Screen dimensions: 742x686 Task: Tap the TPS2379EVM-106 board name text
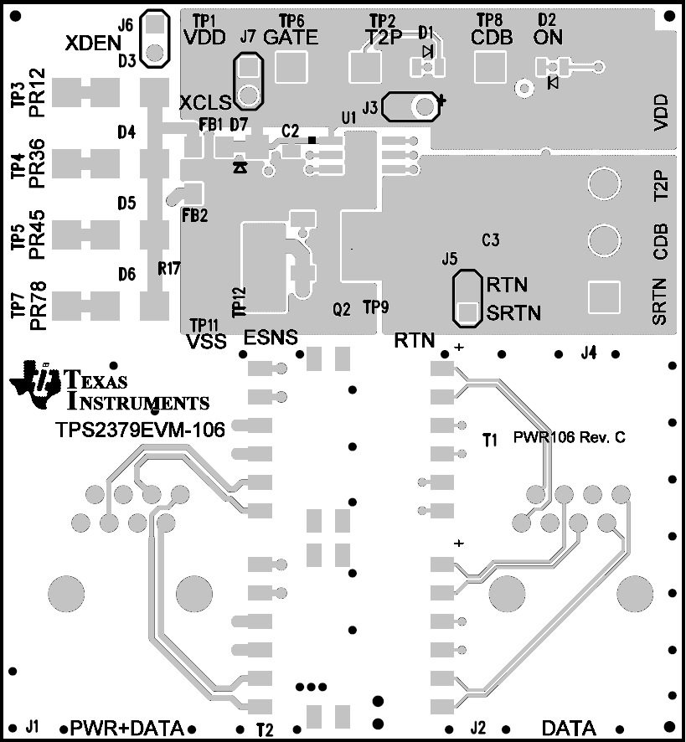[140, 430]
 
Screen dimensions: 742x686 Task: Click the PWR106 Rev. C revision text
[570, 437]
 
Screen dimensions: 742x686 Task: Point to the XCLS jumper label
[205, 103]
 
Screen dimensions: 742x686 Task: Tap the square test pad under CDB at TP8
[487, 66]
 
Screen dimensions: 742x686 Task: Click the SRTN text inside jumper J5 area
[513, 313]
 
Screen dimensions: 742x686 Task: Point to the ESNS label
[270, 338]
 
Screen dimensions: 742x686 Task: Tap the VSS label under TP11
[204, 341]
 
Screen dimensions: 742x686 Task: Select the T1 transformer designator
[490, 438]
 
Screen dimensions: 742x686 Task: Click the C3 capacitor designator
[491, 241]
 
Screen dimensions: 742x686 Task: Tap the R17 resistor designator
[169, 269]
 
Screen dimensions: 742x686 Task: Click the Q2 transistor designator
[342, 309]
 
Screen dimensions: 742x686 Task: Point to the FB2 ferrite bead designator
[194, 215]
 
